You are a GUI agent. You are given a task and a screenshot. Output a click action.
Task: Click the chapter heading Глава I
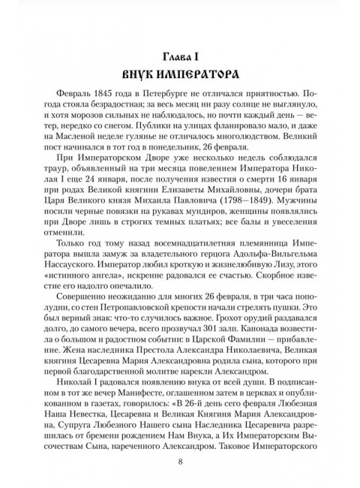pyautogui.click(x=180, y=56)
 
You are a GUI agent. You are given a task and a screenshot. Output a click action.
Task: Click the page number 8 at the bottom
pyautogui.click(x=180, y=461)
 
